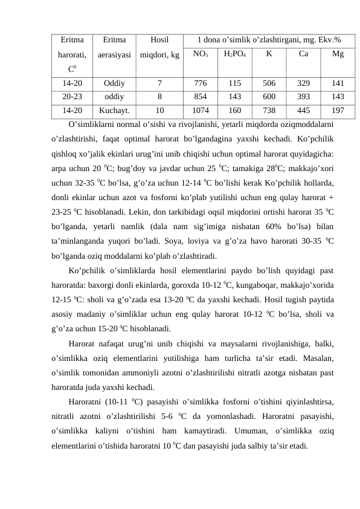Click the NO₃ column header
click(201, 54)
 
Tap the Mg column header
click(338, 54)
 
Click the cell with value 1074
click(201, 111)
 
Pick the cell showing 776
click(201, 83)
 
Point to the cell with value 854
click(201, 97)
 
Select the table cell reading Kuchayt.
click(115, 111)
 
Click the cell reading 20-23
click(72, 97)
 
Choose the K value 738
click(269, 111)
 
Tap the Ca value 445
click(304, 111)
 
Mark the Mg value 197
click(338, 111)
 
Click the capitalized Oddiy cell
click(115, 83)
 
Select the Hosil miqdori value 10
click(159, 111)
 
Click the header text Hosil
click(159, 39)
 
